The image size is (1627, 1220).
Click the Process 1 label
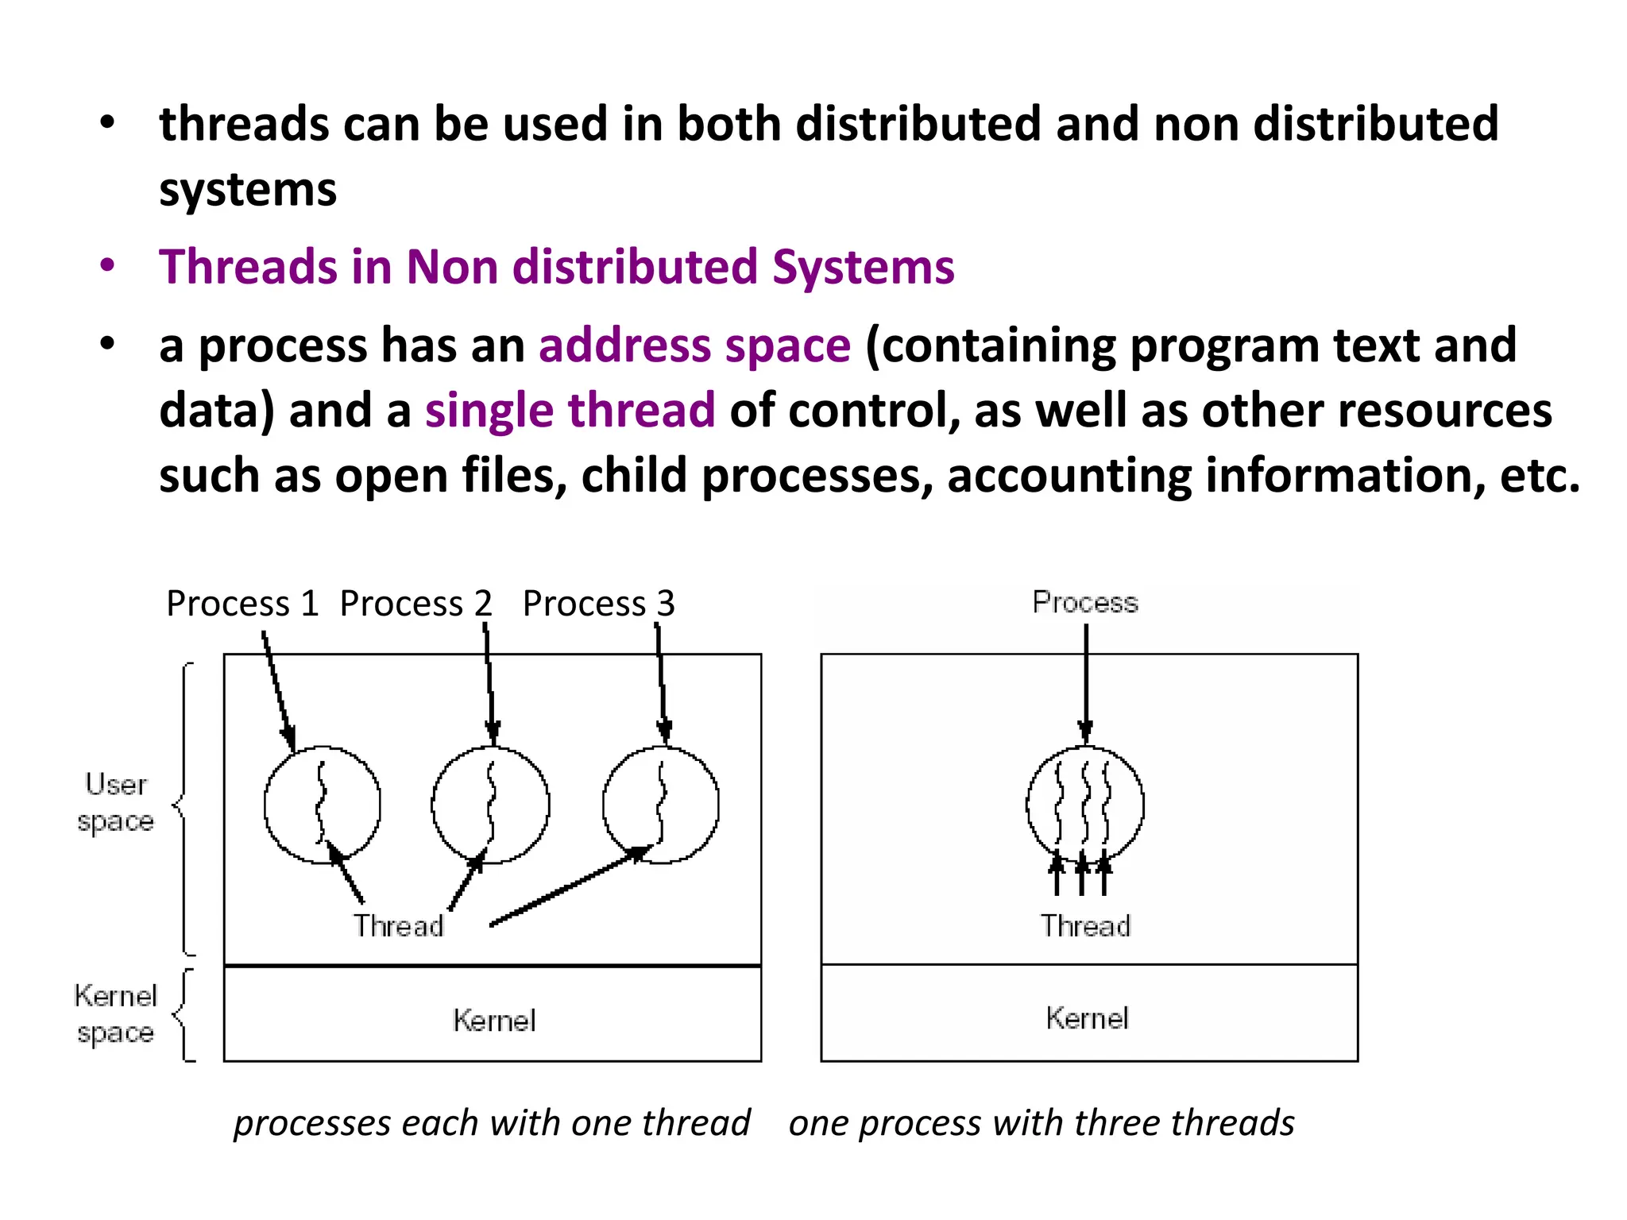point(242,604)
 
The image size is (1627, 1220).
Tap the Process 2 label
point(415,604)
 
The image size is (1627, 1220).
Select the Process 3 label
point(598,604)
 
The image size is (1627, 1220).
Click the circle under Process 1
point(322,805)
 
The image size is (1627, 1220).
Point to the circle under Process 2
point(490,805)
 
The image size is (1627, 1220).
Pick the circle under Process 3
point(661,805)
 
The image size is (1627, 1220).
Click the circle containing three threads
point(1085,805)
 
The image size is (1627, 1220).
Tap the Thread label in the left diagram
point(398,926)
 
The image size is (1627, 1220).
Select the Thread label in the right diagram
point(1085,926)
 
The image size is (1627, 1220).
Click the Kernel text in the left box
point(494,1021)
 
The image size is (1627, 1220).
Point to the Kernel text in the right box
point(1087,1018)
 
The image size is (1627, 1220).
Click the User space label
point(116,802)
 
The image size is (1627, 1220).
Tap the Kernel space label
point(116,1013)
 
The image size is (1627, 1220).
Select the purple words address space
point(695,346)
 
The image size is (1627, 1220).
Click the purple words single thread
point(570,411)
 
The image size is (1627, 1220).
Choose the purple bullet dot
point(107,265)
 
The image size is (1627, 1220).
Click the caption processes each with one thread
point(492,1123)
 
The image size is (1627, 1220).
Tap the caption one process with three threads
point(1042,1123)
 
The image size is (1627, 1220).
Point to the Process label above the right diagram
point(1085,602)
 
